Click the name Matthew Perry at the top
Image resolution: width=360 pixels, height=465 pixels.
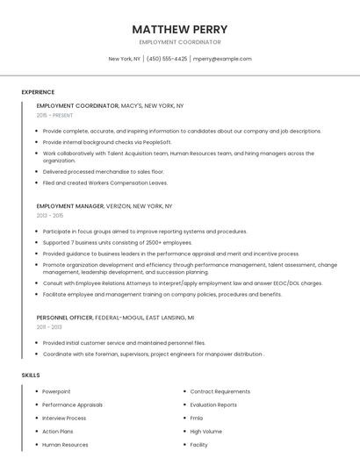pyautogui.click(x=180, y=29)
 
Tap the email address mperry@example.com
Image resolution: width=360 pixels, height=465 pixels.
pyautogui.click(x=222, y=59)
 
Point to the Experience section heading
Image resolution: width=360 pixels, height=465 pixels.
pyautogui.click(x=38, y=92)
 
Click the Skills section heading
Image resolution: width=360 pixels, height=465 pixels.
pyautogui.click(x=31, y=375)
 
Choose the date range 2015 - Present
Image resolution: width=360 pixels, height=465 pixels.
pyautogui.click(x=54, y=115)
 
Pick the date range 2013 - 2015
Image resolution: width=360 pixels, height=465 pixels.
pyautogui.click(x=50, y=215)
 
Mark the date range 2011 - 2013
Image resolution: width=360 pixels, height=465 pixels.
pyautogui.click(x=49, y=326)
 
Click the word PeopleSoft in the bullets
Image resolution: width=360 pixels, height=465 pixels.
pyautogui.click(x=155, y=142)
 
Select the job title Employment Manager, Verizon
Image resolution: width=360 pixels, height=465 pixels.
pyautogui.click(x=104, y=206)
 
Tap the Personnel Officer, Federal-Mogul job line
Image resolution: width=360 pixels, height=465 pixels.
pyautogui.click(x=115, y=317)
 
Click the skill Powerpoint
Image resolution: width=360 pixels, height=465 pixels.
pyautogui.click(x=56, y=391)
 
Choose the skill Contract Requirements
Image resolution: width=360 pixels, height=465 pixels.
pyautogui.click(x=220, y=391)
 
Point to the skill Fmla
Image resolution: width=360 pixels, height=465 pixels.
pyautogui.click(x=197, y=418)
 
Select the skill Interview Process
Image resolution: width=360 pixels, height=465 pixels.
pyautogui.click(x=64, y=418)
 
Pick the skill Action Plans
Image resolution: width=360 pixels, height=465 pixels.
pyautogui.click(x=58, y=432)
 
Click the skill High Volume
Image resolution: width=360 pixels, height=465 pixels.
pyautogui.click(x=205, y=432)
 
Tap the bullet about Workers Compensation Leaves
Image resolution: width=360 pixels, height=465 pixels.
pyautogui.click(x=104, y=182)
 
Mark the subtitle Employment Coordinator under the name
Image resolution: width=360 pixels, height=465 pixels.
pyautogui.click(x=180, y=42)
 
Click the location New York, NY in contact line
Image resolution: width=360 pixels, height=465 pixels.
pyautogui.click(x=124, y=59)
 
